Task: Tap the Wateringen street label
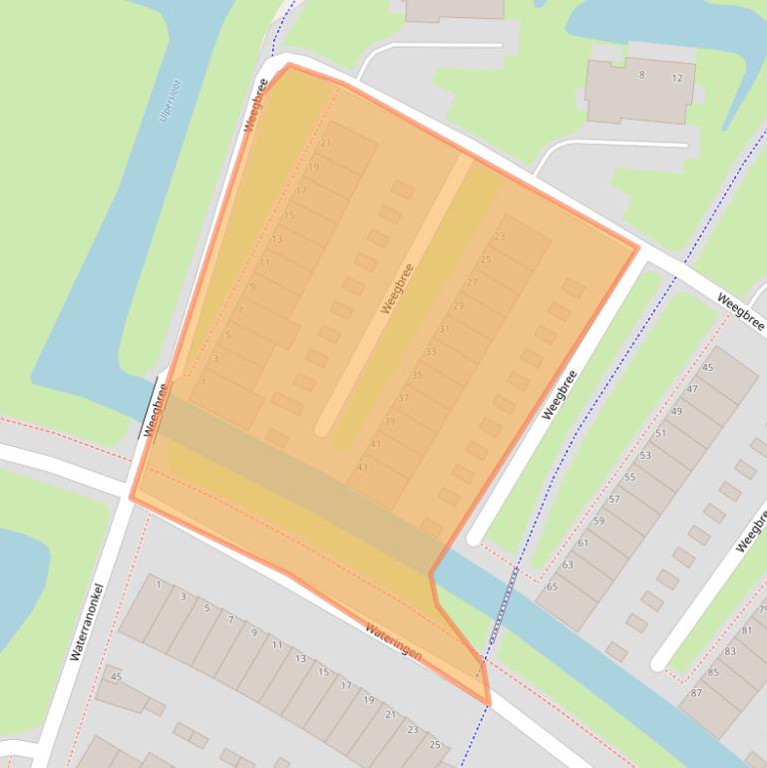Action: click(393, 643)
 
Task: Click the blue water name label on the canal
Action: click(170, 101)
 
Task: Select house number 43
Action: click(362, 467)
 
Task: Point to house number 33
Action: click(431, 351)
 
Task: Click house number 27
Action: click(472, 282)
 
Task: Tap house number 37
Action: click(403, 398)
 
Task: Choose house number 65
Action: click(553, 587)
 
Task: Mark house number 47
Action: click(692, 389)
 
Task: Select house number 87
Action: click(696, 693)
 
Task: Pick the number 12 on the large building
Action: click(677, 78)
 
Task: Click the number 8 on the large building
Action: click(641, 75)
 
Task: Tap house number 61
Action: click(583, 544)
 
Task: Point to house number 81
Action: click(746, 630)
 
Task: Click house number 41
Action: click(376, 444)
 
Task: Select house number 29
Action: click(458, 305)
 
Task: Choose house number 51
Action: click(660, 433)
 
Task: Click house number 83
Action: click(730, 651)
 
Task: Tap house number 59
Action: click(598, 521)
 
